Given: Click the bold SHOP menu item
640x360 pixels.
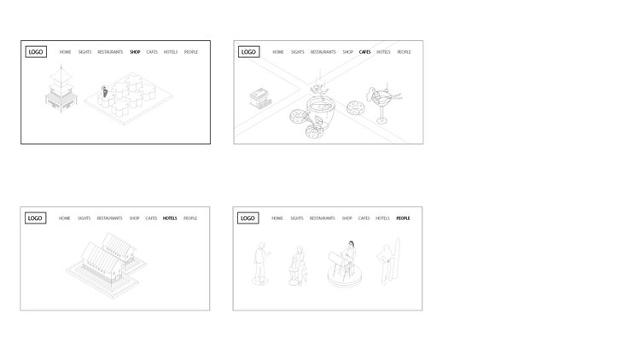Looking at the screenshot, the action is pyautogui.click(x=135, y=52).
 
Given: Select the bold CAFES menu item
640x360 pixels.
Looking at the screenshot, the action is pyautogui.click(x=365, y=52).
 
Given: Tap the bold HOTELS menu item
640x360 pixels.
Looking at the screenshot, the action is pyautogui.click(x=170, y=218).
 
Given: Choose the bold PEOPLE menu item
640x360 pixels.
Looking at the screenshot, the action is pyautogui.click(x=403, y=218).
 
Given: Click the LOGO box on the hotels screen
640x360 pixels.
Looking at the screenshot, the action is pyautogui.click(x=36, y=218).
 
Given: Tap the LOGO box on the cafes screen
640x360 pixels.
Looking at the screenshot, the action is pyautogui.click(x=248, y=52).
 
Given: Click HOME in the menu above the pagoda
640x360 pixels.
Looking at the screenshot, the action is pyautogui.click(x=66, y=52).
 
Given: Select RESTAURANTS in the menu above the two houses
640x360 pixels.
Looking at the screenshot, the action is pyautogui.click(x=110, y=218).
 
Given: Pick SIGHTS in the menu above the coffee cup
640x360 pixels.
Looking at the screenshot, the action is pyautogui.click(x=298, y=52).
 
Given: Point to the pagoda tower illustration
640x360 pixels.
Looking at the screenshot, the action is pyautogui.click(x=61, y=90).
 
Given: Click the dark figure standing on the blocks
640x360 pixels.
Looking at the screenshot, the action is pyautogui.click(x=104, y=91).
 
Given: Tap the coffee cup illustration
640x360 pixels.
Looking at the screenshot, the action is pyautogui.click(x=321, y=111).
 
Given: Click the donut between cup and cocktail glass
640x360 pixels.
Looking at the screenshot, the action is pyautogui.click(x=356, y=108).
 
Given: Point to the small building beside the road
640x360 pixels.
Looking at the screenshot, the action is pyautogui.click(x=260, y=97).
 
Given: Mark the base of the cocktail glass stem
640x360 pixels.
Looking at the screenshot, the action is pyautogui.click(x=381, y=120).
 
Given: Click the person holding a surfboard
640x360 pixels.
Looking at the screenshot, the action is pyautogui.click(x=388, y=261).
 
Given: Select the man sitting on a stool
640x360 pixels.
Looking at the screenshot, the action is pyautogui.click(x=298, y=265).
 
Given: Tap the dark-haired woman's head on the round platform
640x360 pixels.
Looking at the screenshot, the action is pyautogui.click(x=351, y=244).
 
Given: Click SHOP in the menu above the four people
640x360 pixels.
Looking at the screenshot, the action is pyautogui.click(x=347, y=218).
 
